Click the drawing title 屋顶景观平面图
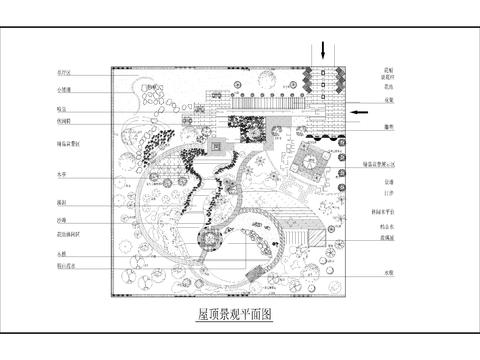pos(236,313)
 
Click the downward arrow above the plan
pos(324,49)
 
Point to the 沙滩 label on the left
pos(62,219)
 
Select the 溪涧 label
pos(62,203)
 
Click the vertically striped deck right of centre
pos(306,236)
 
